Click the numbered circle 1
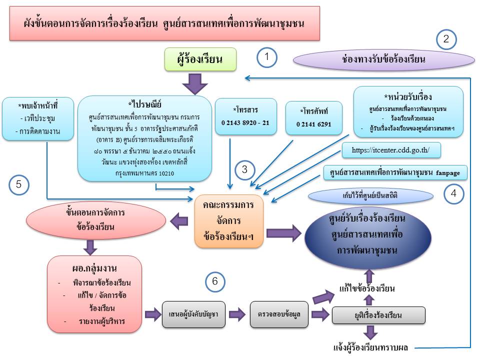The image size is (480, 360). (267, 57)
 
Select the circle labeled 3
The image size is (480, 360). (244, 169)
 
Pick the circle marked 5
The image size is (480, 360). (18, 184)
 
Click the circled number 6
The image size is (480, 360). (214, 281)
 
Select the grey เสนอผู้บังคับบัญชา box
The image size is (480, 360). (194, 315)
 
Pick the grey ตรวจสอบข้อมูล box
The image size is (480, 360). (279, 315)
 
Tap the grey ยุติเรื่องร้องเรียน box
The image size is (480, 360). (378, 315)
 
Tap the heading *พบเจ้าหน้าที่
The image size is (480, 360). (38, 106)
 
